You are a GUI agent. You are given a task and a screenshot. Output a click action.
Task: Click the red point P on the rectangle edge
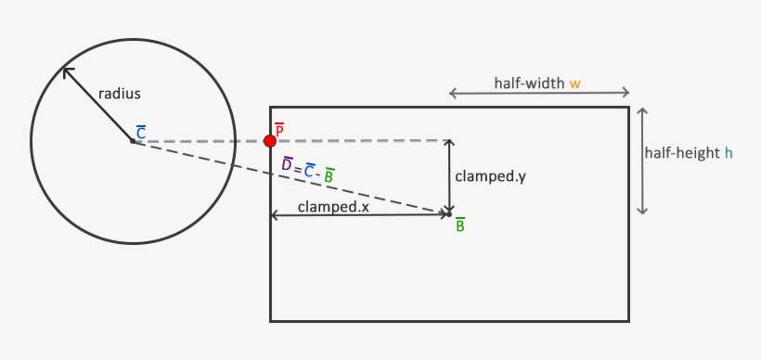(269, 141)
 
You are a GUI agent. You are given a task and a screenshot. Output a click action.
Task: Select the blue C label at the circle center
(140, 134)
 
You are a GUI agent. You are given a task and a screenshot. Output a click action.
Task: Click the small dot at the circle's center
(132, 142)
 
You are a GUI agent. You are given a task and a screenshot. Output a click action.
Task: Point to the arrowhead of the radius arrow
(66, 71)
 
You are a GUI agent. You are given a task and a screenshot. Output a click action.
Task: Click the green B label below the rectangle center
(460, 225)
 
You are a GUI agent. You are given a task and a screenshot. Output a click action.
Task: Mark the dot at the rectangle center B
(449, 214)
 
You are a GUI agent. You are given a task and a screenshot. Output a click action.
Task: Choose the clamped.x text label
(333, 207)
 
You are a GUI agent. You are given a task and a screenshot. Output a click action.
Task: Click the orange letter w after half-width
(575, 84)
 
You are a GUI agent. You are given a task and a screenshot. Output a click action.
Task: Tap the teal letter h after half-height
(729, 153)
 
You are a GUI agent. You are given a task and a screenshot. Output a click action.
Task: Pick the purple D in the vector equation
(288, 164)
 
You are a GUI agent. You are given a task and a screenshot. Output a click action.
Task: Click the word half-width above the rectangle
(530, 84)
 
